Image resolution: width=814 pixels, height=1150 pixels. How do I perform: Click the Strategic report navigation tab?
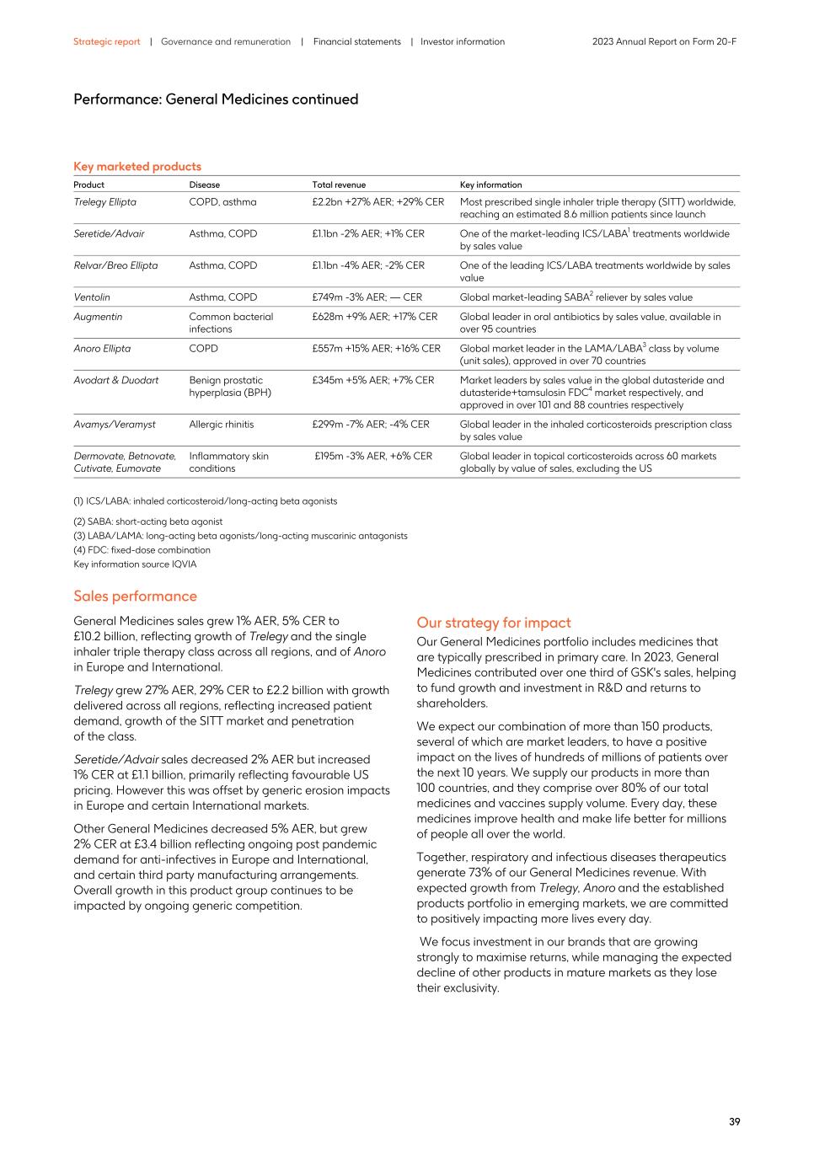click(106, 41)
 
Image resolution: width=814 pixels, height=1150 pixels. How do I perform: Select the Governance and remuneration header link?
click(226, 41)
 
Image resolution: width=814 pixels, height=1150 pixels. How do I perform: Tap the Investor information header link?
click(463, 41)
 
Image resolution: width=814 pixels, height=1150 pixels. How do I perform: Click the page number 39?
click(734, 1121)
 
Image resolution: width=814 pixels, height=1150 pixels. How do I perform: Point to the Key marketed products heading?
click(137, 166)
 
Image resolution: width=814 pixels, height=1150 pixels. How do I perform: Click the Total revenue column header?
click(339, 185)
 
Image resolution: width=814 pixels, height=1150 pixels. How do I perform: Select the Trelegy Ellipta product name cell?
click(104, 202)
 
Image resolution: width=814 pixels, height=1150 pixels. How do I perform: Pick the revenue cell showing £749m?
click(367, 297)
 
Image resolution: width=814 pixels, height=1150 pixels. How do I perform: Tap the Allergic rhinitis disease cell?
click(221, 425)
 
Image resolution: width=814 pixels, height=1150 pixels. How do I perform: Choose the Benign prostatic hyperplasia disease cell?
click(230, 387)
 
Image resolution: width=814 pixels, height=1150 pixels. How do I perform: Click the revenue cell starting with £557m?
click(376, 349)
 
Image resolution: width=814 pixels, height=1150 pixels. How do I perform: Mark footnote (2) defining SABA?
click(148, 522)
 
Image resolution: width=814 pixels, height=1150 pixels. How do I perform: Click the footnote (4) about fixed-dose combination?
click(142, 550)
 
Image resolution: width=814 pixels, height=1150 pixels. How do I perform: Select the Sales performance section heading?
click(135, 596)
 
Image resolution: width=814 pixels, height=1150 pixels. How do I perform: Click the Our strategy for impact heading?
click(493, 623)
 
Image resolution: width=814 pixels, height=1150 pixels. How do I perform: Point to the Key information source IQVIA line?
click(135, 564)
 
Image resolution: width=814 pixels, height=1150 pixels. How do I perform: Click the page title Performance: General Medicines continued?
click(216, 99)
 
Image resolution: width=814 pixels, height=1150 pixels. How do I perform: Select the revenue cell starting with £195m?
click(373, 456)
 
